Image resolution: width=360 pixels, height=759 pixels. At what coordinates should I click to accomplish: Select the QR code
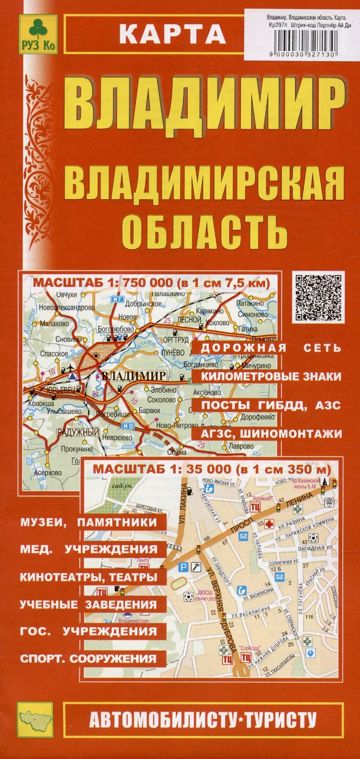(319, 297)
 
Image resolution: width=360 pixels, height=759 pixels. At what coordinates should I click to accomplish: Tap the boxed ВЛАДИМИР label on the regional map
(134, 376)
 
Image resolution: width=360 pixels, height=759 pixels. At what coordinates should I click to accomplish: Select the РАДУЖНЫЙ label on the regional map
(78, 432)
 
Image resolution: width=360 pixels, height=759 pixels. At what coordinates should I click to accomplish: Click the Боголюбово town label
(115, 329)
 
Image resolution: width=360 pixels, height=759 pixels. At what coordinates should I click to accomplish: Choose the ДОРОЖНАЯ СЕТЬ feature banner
(271, 348)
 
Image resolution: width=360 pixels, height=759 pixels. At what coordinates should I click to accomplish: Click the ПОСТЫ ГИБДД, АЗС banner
(271, 405)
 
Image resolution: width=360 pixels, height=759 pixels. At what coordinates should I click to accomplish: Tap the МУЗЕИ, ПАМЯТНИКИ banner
(88, 522)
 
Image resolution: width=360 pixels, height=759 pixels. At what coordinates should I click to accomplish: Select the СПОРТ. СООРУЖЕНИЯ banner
(88, 658)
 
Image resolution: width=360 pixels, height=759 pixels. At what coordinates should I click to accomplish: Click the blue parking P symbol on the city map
(183, 567)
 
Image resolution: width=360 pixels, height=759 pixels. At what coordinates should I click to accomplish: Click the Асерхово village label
(47, 473)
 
